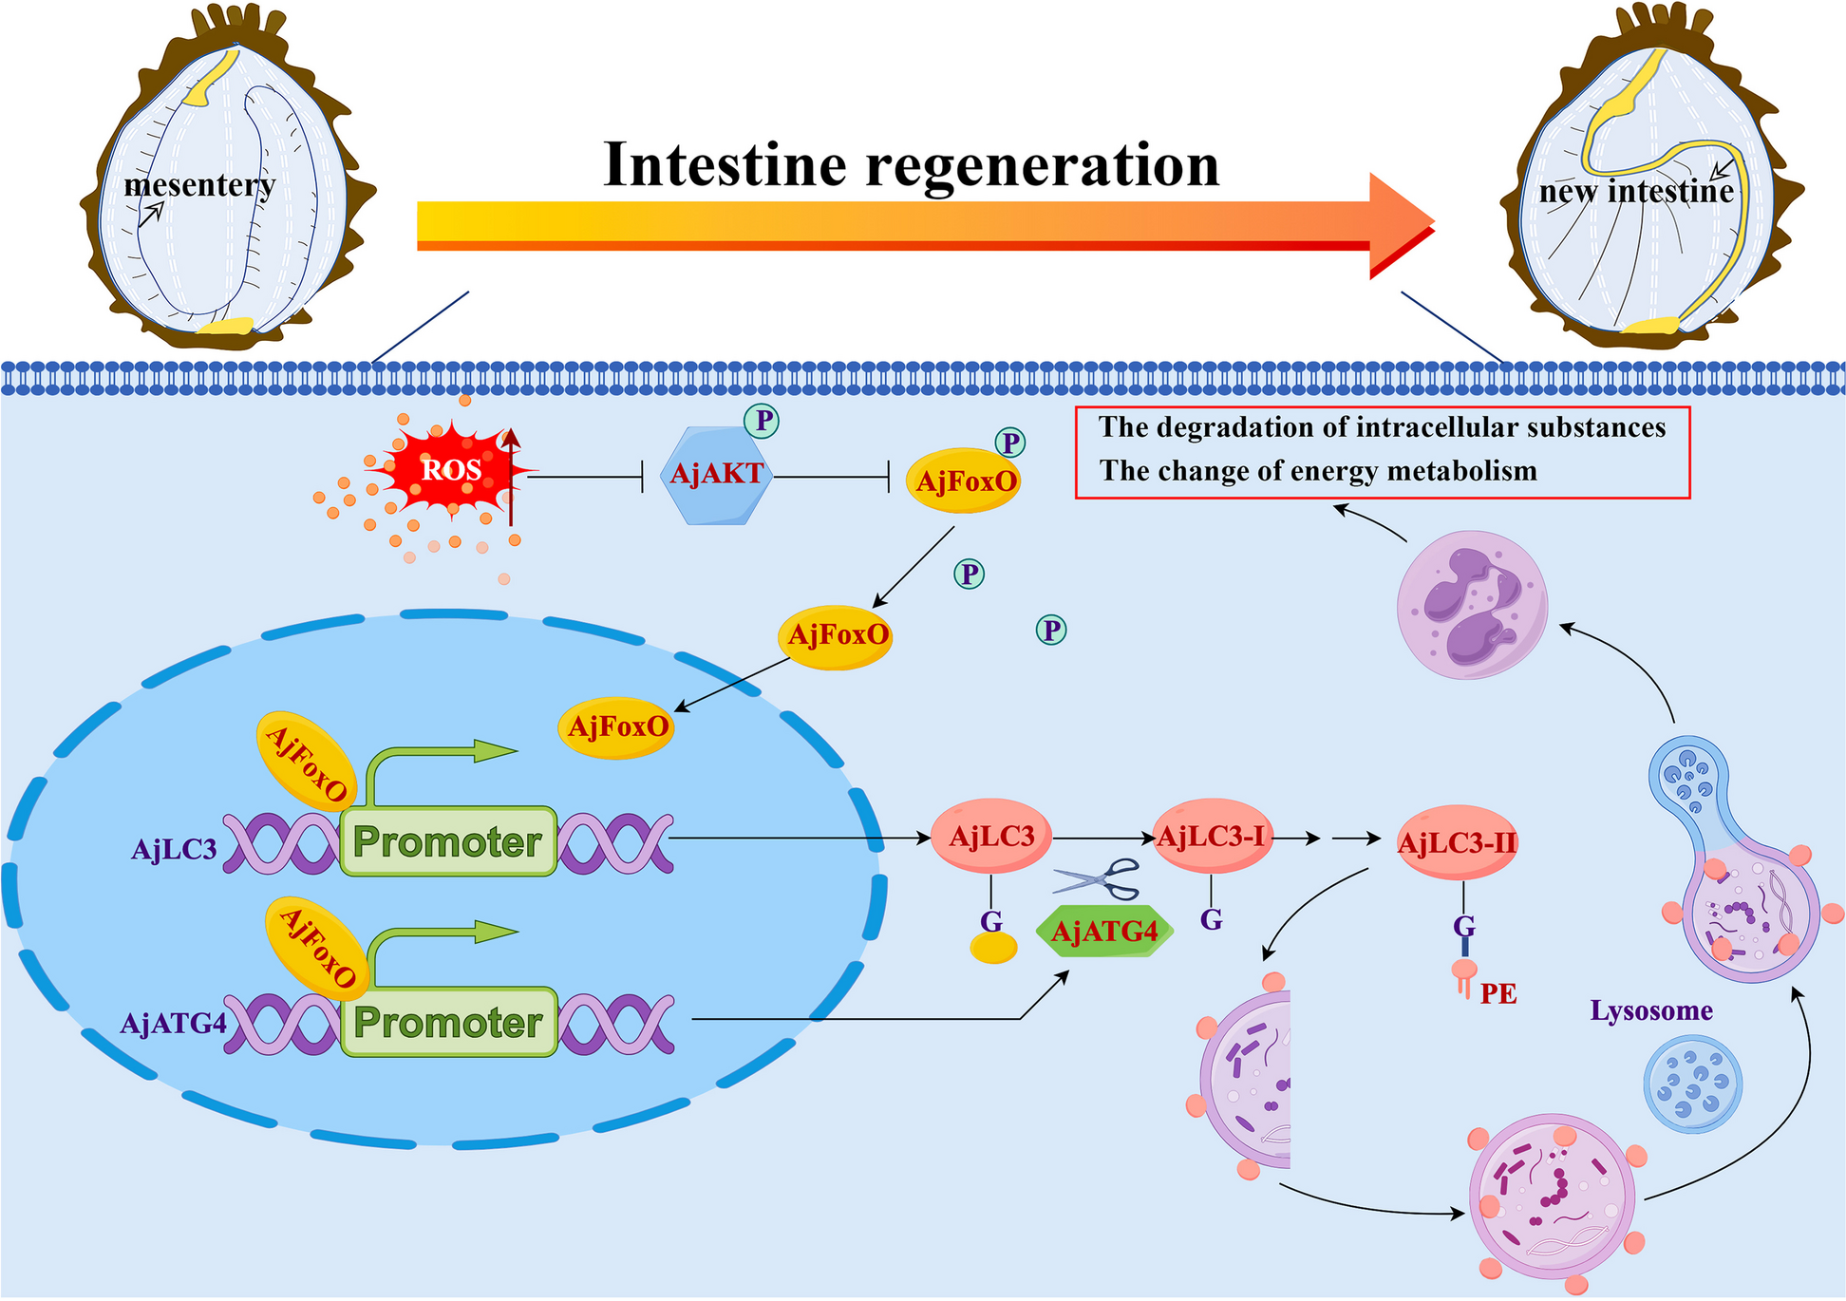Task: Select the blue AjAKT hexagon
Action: pos(716,475)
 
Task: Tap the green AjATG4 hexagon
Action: pos(1104,932)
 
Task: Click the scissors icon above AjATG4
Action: pos(1098,879)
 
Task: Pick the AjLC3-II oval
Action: pos(1457,842)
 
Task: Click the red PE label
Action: pos(1498,994)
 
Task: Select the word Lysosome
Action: pos(1651,1010)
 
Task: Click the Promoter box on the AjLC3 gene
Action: pos(447,841)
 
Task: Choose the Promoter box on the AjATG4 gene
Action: pos(448,1023)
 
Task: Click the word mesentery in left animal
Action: pos(199,184)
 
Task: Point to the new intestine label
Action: pos(1636,192)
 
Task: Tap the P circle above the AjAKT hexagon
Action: pos(762,420)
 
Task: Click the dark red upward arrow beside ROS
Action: pos(511,475)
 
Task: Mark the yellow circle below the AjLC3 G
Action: pos(993,947)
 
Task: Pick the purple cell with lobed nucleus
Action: pos(1472,605)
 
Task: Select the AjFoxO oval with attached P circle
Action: pos(964,481)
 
